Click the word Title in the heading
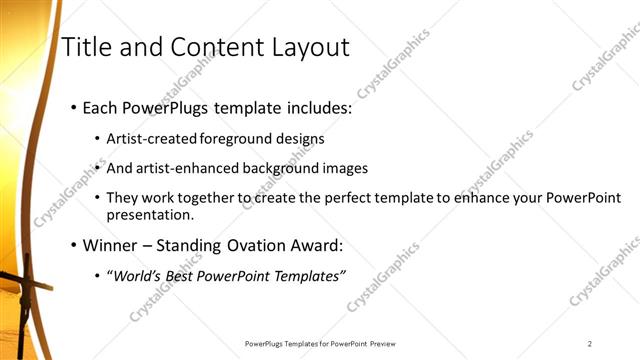pyautogui.click(x=84, y=47)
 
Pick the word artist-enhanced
pyautogui.click(x=185, y=168)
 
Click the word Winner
pyautogui.click(x=112, y=245)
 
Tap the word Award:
pyautogui.click(x=316, y=245)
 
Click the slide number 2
pyautogui.click(x=590, y=344)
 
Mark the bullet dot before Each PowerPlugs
pyautogui.click(x=73, y=107)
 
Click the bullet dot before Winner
pyautogui.click(x=73, y=245)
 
